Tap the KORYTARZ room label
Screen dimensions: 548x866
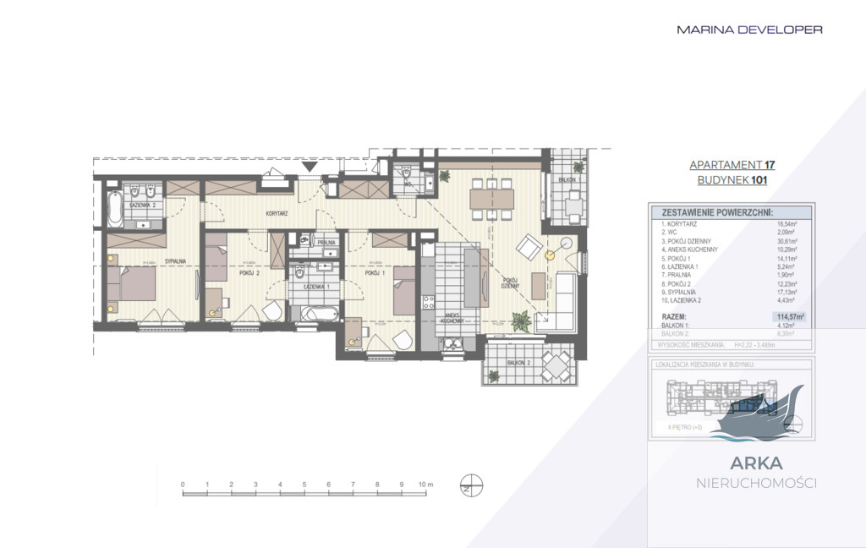277,214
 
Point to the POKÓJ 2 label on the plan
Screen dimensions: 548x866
248,274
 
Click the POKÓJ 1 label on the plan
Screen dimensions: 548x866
375,274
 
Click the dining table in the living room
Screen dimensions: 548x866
492,198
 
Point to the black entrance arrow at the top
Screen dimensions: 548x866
311,167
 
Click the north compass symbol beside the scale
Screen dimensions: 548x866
470,487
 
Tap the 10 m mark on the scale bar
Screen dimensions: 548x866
425,485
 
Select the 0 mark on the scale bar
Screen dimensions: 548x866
183,485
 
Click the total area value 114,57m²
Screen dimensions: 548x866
788,316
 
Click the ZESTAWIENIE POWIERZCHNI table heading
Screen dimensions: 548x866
717,212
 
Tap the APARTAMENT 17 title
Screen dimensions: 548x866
732,165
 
